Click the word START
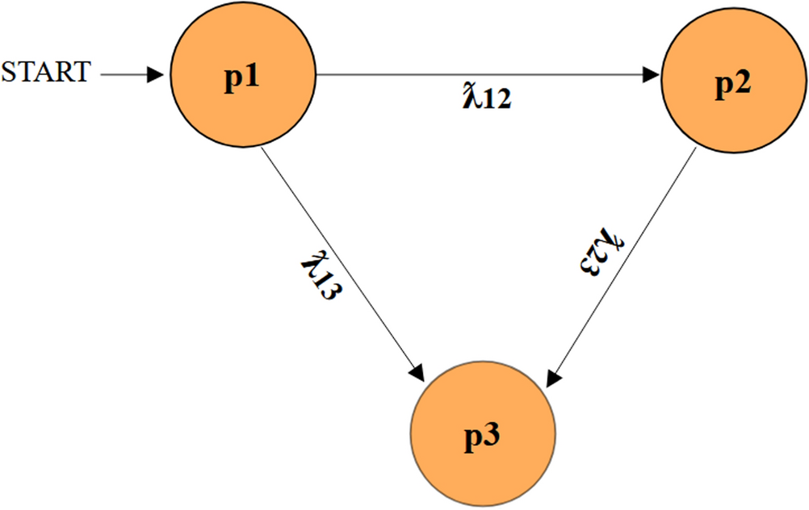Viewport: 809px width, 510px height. point(45,73)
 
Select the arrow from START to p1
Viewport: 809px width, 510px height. point(129,76)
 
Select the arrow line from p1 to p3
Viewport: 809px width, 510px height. point(339,258)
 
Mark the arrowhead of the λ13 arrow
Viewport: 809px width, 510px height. point(418,373)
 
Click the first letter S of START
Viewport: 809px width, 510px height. point(9,73)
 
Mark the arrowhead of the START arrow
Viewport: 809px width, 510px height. point(160,76)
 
